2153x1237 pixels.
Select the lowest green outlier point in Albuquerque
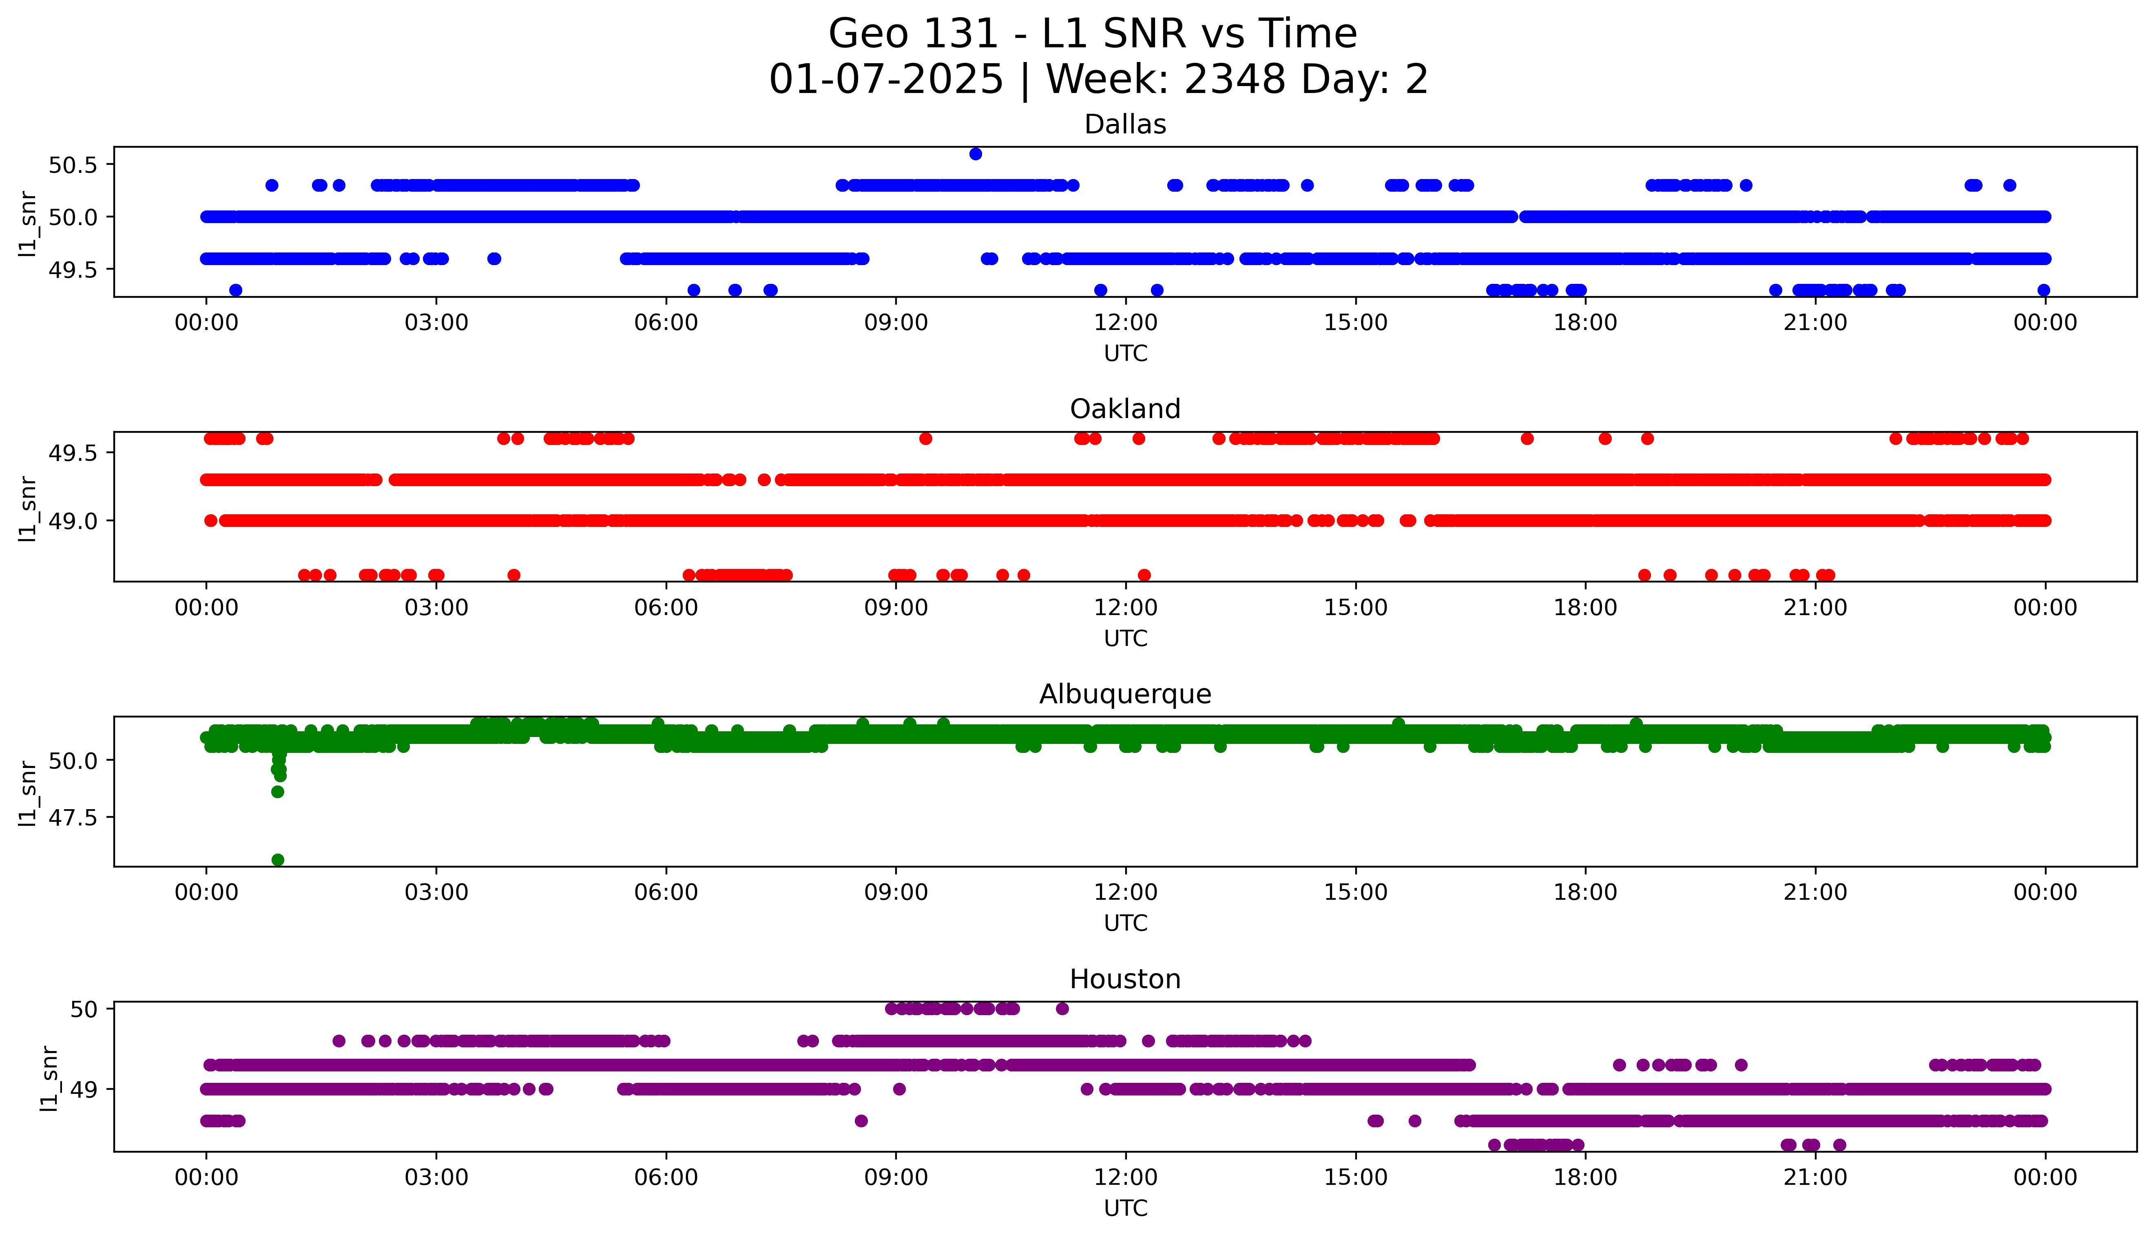pos(278,860)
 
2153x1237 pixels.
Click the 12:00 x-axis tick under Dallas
pos(1125,323)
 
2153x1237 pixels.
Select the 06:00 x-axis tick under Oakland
pos(666,607)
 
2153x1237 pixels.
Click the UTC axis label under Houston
pos(1125,1207)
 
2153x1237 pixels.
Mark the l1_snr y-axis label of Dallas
pos(28,223)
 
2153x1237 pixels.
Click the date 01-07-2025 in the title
pos(886,80)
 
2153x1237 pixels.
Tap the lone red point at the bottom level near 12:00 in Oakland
pos(1144,575)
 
